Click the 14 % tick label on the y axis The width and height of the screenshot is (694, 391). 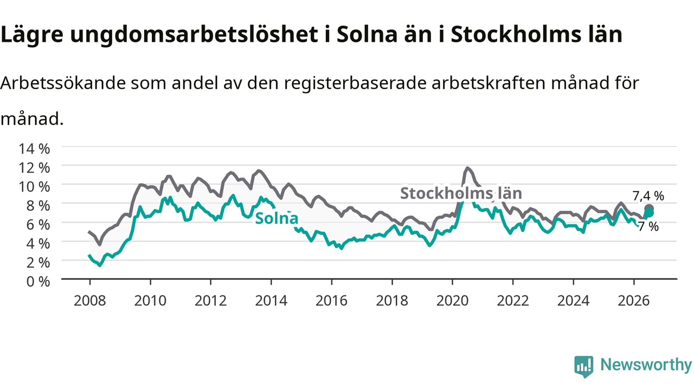pos(34,149)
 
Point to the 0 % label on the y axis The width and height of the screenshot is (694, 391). pos(38,282)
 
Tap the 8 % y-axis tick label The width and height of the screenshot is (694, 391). pos(38,206)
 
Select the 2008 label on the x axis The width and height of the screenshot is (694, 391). pos(90,301)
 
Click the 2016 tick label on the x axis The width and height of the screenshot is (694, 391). pos(331,301)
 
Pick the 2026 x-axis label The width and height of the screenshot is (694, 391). pos(634,301)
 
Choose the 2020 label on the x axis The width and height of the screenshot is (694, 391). pos(452,301)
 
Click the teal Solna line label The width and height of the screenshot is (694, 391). pos(277,218)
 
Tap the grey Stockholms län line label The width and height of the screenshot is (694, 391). pos(461,193)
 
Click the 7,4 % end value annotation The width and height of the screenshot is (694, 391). pos(648,196)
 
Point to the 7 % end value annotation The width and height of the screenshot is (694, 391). pos(648,227)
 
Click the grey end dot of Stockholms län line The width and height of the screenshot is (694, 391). pos(649,209)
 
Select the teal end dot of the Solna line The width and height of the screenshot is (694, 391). pos(649,213)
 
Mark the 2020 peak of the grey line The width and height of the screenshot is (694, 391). pos(467,168)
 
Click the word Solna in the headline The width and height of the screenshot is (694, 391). pos(367,34)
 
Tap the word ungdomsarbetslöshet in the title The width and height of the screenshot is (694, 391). pos(194,35)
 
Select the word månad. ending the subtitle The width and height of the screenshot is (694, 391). pos(32,118)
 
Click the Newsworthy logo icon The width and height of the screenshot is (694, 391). pos(584,367)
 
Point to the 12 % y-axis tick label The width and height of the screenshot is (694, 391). pos(34,168)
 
